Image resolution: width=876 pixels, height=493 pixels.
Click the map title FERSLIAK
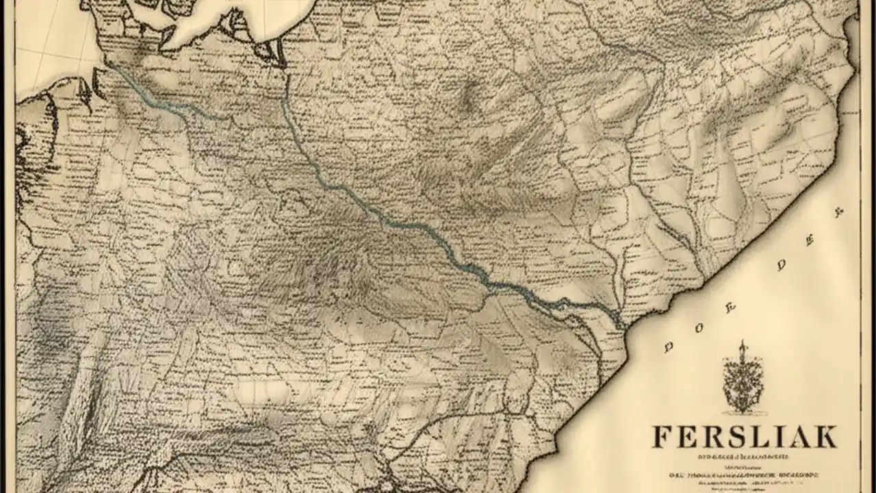click(744, 436)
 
